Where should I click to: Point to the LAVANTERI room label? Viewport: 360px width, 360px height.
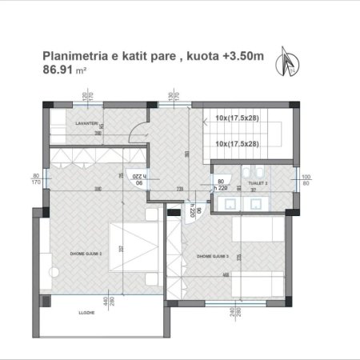click(66, 123)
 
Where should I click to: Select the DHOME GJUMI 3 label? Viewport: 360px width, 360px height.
click(211, 256)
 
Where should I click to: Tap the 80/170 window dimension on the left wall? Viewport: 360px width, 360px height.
click(35, 178)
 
